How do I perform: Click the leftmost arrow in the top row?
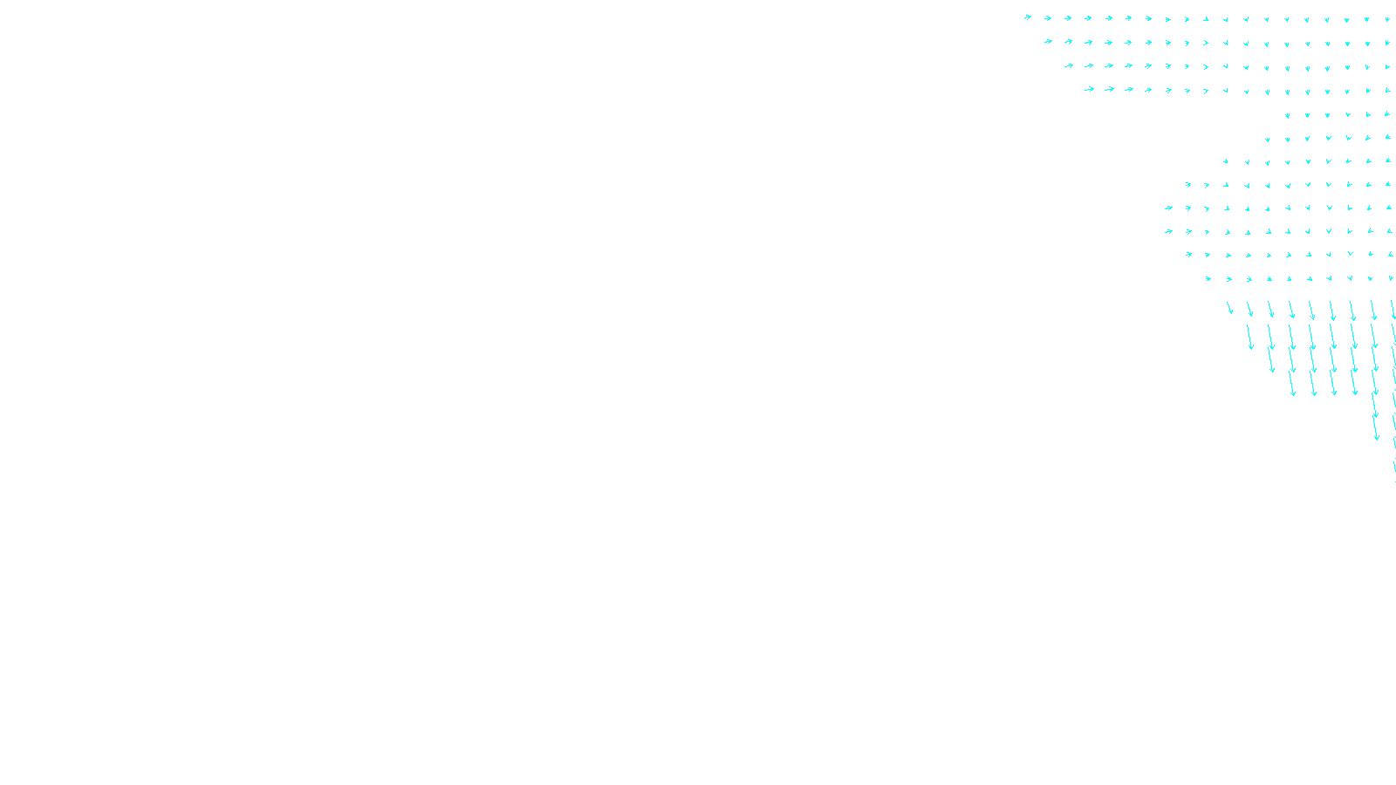1028,17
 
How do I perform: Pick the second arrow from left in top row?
1048,17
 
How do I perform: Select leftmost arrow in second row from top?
1048,41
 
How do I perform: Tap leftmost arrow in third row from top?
1068,65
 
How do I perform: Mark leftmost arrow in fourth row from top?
1089,89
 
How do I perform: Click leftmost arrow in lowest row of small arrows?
1208,279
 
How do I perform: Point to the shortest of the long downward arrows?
1229,308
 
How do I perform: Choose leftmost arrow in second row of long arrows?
1250,338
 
